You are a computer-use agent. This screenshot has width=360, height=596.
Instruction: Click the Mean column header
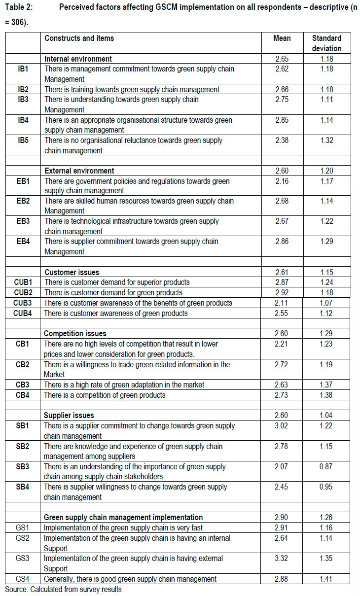(283, 38)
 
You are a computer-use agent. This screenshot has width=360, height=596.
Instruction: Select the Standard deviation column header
(326, 43)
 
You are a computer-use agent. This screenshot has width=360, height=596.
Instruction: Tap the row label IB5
(23, 140)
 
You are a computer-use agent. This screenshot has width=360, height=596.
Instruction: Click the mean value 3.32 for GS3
(283, 559)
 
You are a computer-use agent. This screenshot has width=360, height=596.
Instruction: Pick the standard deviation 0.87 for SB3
(326, 466)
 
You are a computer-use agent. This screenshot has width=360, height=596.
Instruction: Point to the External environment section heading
(79, 171)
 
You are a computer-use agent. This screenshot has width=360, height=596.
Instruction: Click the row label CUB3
(23, 303)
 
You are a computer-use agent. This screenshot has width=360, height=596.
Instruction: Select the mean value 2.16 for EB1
(283, 181)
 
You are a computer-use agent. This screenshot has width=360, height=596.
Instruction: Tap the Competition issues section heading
(75, 334)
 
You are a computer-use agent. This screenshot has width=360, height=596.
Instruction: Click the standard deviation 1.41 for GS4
(326, 579)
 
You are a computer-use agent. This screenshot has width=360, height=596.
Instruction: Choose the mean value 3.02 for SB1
(283, 426)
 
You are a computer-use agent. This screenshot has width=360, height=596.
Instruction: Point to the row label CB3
(23, 385)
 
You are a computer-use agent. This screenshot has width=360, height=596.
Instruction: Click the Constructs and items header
(79, 38)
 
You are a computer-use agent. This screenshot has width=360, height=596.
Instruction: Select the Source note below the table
(63, 589)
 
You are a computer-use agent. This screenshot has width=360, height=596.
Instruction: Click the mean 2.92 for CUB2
(283, 293)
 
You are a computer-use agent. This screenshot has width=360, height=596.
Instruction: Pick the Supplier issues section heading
(69, 416)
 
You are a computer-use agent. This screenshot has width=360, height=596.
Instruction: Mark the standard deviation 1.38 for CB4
(326, 395)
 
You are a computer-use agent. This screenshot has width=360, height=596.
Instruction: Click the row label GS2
(23, 538)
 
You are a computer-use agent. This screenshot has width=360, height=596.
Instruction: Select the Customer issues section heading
(72, 273)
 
